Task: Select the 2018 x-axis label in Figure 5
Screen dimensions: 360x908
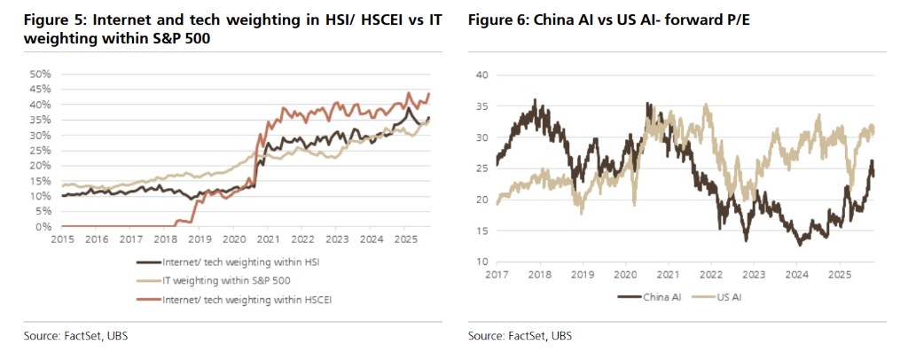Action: tap(164, 239)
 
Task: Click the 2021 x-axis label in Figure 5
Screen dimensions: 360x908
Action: tap(268, 239)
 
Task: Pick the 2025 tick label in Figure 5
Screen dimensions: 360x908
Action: tap(405, 239)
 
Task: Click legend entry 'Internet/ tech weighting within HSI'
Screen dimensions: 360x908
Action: tap(236, 262)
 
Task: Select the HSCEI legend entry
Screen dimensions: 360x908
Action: tap(242, 299)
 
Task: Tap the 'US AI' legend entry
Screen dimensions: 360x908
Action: tap(724, 296)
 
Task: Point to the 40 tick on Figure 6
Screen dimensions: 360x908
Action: tap(483, 75)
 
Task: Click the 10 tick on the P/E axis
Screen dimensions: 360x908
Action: tap(483, 262)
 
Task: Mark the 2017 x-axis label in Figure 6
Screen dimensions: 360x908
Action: tap(498, 276)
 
